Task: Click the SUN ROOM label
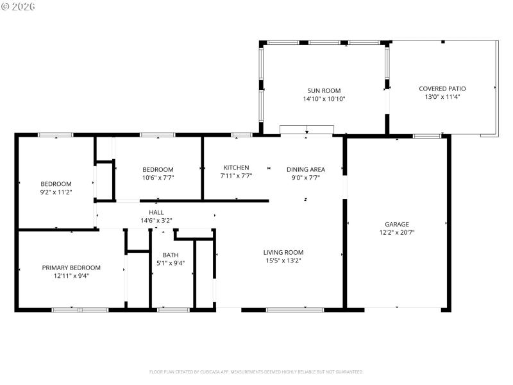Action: click(x=323, y=90)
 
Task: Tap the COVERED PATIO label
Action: click(x=442, y=89)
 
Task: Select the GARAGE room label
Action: click(x=397, y=224)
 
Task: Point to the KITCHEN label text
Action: click(x=236, y=167)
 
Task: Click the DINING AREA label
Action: click(x=305, y=169)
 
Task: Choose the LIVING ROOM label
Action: click(x=283, y=252)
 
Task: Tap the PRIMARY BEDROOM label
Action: click(x=71, y=267)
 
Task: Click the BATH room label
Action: click(x=171, y=255)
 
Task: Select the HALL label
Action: click(x=156, y=212)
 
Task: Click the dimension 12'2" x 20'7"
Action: click(x=397, y=233)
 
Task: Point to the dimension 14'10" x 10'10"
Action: click(x=323, y=99)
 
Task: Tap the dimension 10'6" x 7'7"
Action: click(x=158, y=177)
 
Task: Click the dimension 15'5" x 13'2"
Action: click(x=283, y=261)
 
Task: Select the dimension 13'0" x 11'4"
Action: click(x=442, y=97)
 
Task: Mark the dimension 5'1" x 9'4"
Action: click(x=171, y=263)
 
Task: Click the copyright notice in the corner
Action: click(x=19, y=6)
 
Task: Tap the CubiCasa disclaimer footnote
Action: click(x=256, y=372)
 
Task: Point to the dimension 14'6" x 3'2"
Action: click(x=156, y=220)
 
